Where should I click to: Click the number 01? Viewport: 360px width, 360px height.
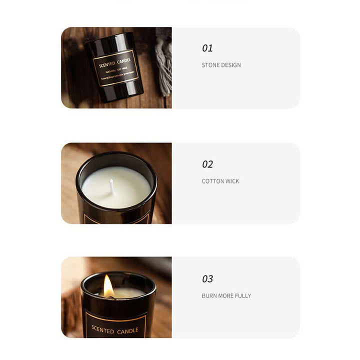click(x=207, y=48)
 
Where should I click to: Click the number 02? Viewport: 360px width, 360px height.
click(x=207, y=164)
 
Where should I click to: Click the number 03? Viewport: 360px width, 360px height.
click(x=207, y=279)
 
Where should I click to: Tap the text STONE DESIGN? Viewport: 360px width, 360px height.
click(x=221, y=65)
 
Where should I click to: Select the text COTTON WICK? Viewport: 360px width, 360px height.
click(x=220, y=181)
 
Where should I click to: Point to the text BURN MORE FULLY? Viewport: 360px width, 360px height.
click(x=226, y=296)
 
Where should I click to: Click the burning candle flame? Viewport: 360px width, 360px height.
click(x=108, y=285)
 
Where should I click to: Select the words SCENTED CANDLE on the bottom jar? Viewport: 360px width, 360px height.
click(x=115, y=330)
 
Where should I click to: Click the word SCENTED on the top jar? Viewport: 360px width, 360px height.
click(x=107, y=64)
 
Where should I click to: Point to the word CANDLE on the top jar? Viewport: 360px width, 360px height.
click(x=124, y=61)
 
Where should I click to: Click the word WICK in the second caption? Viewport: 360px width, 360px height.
click(x=232, y=181)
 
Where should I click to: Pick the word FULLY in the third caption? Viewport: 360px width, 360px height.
click(x=242, y=296)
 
